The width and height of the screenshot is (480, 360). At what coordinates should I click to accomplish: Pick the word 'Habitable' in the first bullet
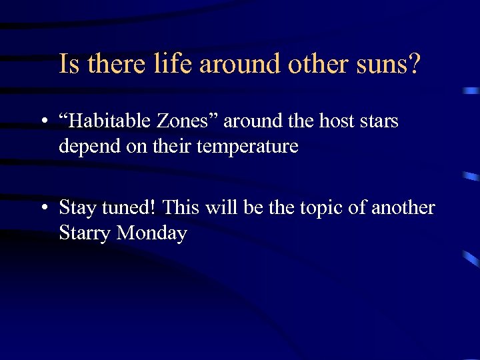pos(111,121)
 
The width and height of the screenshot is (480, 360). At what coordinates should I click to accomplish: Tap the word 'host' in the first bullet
pos(338,121)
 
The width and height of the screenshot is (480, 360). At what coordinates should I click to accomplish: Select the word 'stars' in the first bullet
pos(379,121)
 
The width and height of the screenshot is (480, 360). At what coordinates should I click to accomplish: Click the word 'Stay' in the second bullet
pos(78,208)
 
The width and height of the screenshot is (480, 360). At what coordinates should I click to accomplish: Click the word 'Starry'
pos(85,234)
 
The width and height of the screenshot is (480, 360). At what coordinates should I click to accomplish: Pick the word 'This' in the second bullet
pos(181,208)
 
